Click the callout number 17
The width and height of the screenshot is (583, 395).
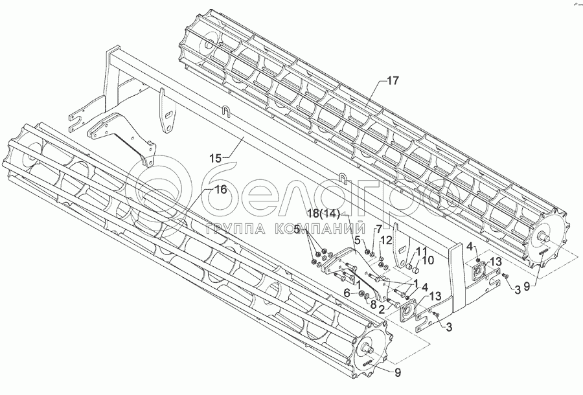point(393,80)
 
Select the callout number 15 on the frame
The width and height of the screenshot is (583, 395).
point(216,157)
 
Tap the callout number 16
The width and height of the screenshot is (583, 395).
point(220,190)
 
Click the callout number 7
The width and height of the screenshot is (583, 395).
point(379,229)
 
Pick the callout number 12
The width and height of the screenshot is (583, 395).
point(386,241)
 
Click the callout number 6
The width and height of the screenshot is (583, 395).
point(346,293)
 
